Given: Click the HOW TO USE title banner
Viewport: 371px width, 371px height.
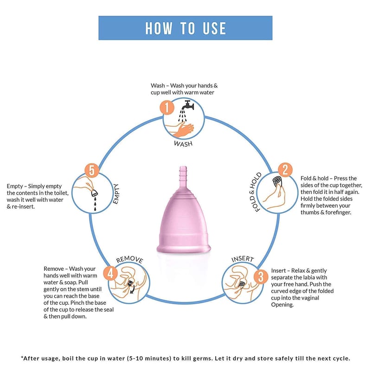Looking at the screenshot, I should pos(185,28).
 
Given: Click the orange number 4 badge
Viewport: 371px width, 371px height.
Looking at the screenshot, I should pos(110,273).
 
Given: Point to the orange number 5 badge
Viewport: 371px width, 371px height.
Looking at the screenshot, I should pos(92,170).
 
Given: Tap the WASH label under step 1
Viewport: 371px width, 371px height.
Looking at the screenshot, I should pos(183,143).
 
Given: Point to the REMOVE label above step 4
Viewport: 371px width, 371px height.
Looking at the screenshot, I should pos(130,259).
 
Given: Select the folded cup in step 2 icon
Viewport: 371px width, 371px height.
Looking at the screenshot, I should pos(277,182).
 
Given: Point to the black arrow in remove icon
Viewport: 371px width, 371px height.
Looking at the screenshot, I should pos(133,290).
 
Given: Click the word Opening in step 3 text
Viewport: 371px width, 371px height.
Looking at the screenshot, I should pos(283,305).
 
